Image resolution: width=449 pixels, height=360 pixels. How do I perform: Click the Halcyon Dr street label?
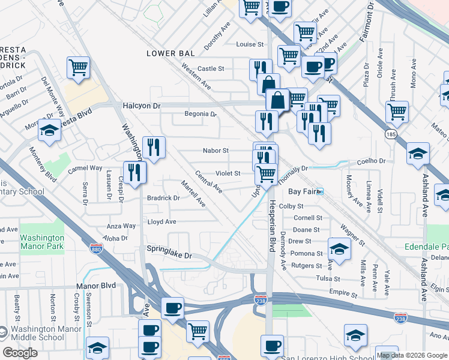pos(142,105)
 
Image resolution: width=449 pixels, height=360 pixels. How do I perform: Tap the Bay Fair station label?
pos(302,191)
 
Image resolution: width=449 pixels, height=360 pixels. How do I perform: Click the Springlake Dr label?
pos(170,256)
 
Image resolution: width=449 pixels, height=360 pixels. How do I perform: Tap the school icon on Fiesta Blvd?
pos(49,130)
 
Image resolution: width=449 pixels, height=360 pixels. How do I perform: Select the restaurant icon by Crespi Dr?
pos(135,172)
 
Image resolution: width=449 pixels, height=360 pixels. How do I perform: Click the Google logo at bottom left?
pos(20,353)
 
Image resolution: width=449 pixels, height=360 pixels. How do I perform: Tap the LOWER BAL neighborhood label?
pos(171,53)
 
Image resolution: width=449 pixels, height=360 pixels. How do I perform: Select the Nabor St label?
pos(216,151)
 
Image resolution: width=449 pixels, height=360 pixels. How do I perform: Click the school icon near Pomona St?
pos(339,249)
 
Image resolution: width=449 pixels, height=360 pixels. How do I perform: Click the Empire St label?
pos(343,295)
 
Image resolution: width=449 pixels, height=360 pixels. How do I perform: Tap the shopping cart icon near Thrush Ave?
pos(397,110)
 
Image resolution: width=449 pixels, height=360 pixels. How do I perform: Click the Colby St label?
pos(291,206)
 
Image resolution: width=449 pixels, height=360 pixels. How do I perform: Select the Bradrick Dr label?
pos(163,197)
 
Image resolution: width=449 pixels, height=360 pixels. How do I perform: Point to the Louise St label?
pos(246,44)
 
